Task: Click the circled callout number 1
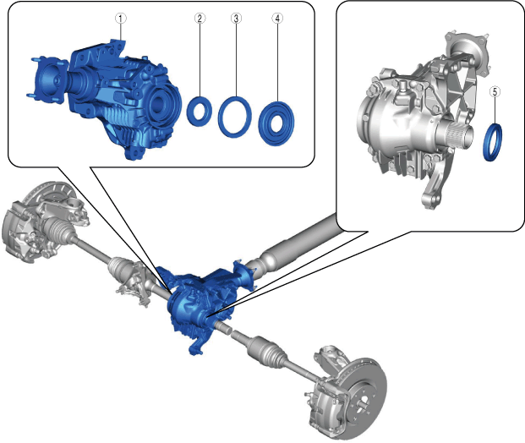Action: (x=121, y=19)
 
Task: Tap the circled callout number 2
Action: (x=200, y=19)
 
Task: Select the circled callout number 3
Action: (x=236, y=19)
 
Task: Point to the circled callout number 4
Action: (x=277, y=19)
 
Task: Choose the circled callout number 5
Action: (x=495, y=91)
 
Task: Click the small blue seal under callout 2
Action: (x=191, y=112)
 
